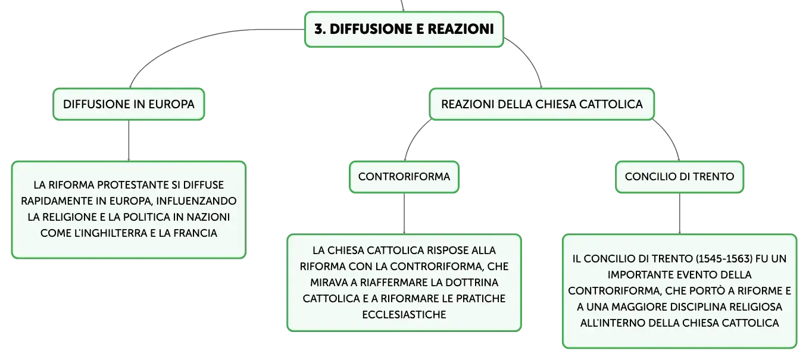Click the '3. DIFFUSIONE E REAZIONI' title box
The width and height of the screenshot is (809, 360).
404,29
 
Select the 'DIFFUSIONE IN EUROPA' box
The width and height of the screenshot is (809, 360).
129,104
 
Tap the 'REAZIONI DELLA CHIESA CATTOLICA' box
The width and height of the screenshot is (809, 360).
542,104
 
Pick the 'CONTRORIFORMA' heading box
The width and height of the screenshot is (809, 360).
404,177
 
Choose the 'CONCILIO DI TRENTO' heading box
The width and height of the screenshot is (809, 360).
679,177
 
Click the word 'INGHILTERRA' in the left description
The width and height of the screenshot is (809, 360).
110,233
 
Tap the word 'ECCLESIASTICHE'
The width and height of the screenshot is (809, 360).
404,315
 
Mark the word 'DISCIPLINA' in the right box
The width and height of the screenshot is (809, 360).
703,307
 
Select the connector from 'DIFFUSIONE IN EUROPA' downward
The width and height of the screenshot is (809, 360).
129,140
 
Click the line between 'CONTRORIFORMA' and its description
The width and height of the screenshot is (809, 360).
404,214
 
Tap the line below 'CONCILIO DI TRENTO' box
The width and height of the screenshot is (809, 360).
680,214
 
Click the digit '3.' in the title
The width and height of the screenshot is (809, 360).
320,29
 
